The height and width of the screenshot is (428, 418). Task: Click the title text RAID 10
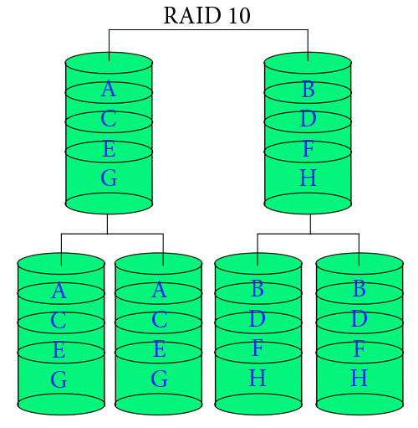206,16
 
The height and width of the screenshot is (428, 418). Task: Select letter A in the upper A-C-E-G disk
108,90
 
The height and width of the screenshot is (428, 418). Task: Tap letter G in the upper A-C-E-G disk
108,178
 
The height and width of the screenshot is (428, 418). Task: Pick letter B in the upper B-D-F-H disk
308,90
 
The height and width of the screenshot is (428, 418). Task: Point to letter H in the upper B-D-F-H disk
308,178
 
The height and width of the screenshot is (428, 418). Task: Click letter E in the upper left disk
108,150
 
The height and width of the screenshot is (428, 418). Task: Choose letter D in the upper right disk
308,120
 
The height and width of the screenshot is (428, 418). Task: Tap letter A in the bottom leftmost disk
59,291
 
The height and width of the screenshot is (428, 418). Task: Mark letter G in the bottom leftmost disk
59,379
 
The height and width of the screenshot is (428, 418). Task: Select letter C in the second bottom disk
159,321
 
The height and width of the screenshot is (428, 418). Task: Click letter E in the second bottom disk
159,350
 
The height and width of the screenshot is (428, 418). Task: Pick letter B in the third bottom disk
257,290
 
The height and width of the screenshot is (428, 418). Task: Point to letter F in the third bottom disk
257,348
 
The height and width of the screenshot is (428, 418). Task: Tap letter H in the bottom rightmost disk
359,378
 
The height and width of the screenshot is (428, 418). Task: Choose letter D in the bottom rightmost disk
359,319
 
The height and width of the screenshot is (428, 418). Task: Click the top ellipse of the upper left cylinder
109,63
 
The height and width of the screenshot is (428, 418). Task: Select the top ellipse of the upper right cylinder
308,63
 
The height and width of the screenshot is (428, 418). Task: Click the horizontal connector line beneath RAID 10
208,30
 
